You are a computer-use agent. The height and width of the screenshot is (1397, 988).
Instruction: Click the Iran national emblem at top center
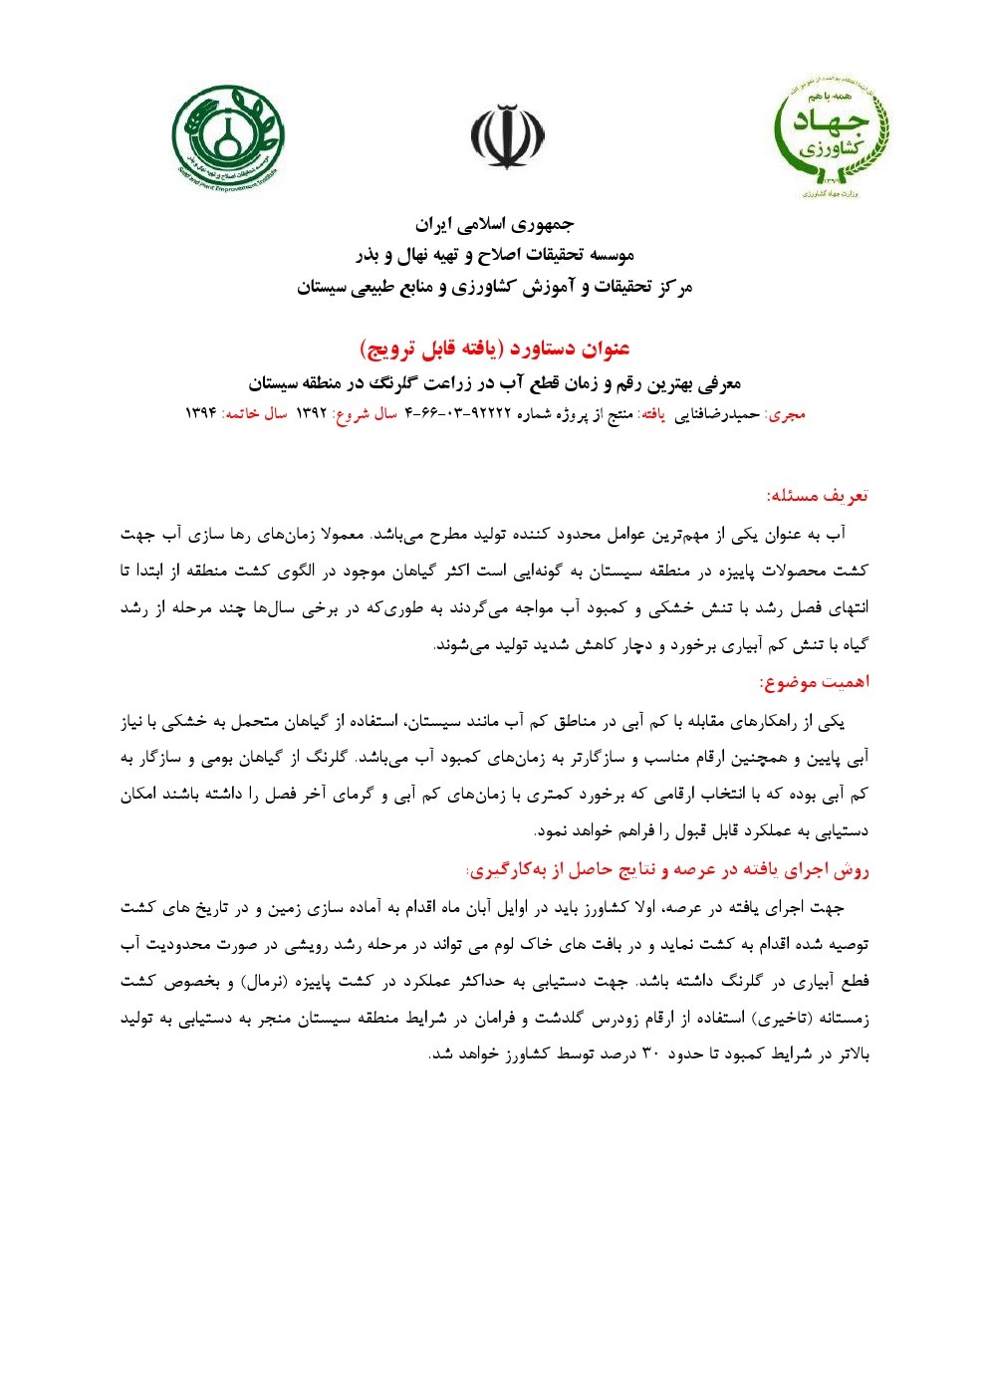pyautogui.click(x=507, y=137)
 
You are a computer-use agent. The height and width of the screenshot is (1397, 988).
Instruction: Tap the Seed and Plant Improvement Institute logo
pyautogui.click(x=227, y=137)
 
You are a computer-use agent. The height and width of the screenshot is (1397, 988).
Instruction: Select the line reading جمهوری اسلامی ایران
pyautogui.click(x=495, y=223)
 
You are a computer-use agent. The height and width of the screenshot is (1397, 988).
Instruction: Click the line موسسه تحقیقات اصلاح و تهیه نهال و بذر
pyautogui.click(x=495, y=255)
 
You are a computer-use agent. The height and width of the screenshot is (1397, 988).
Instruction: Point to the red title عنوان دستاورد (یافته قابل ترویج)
pyautogui.click(x=495, y=349)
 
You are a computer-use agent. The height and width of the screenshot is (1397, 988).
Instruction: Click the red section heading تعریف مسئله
pyautogui.click(x=817, y=495)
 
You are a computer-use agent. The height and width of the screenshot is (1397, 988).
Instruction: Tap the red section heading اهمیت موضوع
pyautogui.click(x=814, y=682)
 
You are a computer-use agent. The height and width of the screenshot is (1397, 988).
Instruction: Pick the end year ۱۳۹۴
pyautogui.click(x=201, y=413)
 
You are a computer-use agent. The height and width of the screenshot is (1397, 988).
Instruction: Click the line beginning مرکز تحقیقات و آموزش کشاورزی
pyautogui.click(x=495, y=288)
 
